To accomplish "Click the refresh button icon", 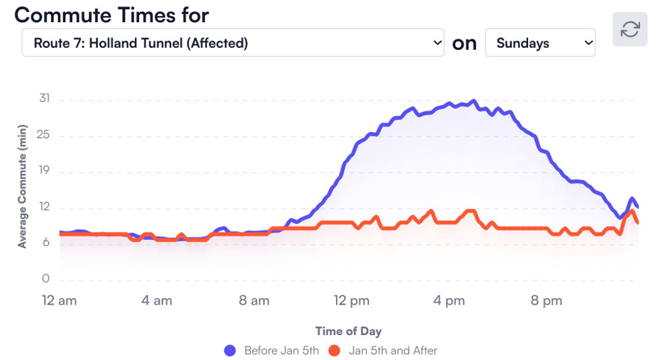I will point(630,29).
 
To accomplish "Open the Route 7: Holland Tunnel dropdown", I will point(233,43).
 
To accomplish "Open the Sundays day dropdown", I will point(540,43).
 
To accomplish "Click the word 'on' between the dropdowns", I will point(464,43).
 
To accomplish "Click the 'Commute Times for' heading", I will point(112,14).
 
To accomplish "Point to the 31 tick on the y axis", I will point(45,98).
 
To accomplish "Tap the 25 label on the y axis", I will point(45,136).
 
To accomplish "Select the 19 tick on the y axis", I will point(45,171).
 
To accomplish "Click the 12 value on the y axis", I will point(45,206).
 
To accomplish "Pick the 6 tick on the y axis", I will point(47,243).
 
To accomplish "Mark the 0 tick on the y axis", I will point(47,278).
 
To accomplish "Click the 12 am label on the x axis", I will point(59,301).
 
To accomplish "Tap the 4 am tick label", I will point(156,301).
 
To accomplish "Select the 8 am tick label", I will point(254,301).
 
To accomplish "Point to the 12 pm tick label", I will point(351,301).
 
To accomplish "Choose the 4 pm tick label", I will point(449,301).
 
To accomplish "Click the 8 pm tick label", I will point(546,301).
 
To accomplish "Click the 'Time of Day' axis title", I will point(348,331).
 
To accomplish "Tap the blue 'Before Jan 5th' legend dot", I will point(230,351).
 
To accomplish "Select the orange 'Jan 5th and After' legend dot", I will point(334,351).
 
